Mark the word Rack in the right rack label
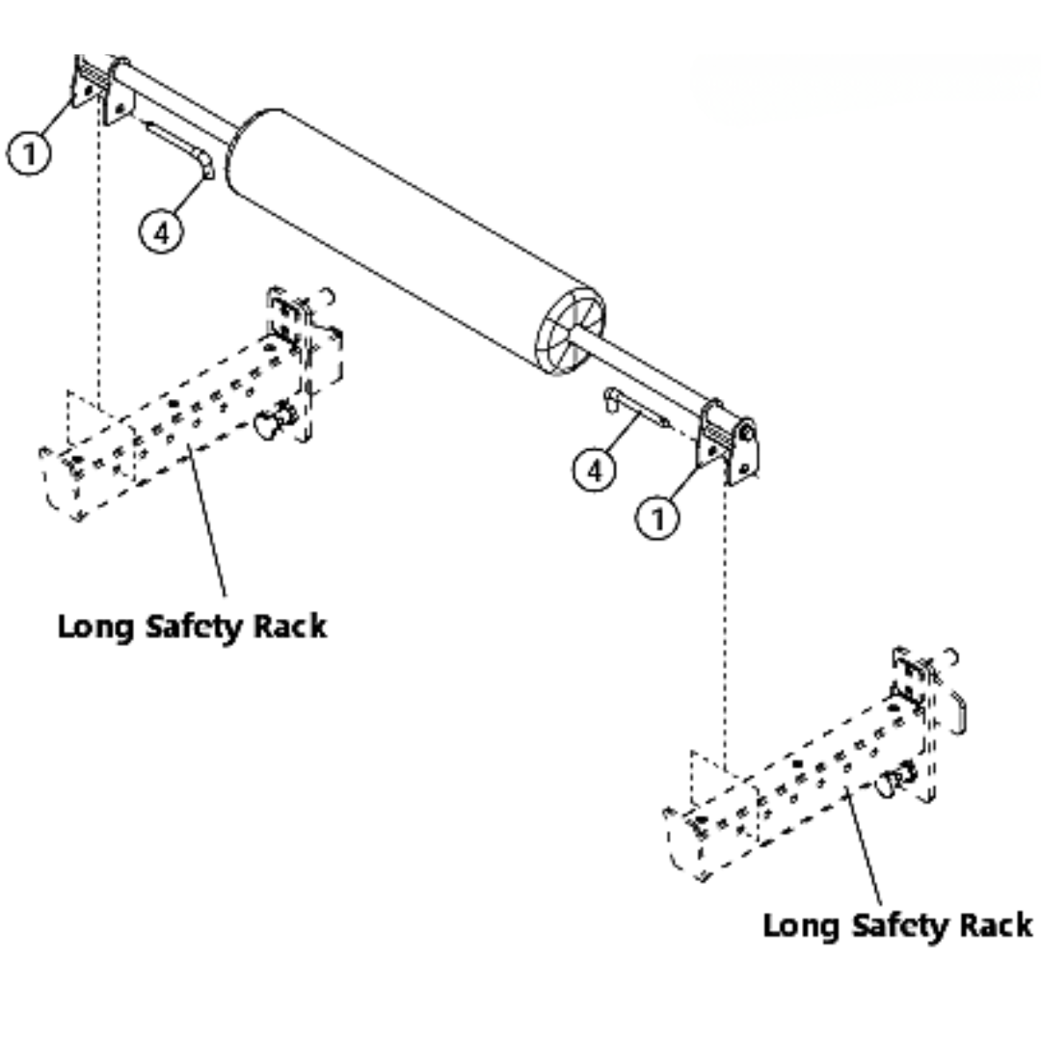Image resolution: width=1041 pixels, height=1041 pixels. click(x=995, y=925)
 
